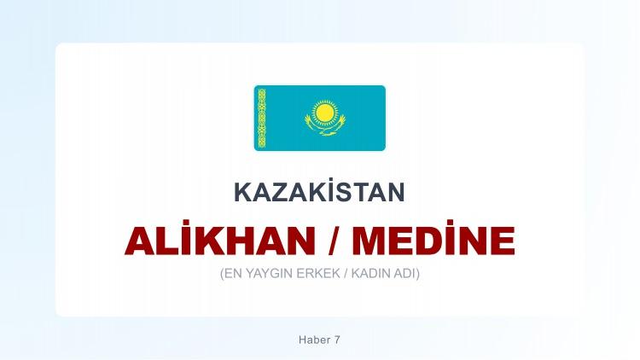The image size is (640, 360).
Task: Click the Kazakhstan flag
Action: [x=319, y=118]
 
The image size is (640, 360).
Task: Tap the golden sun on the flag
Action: [x=324, y=111]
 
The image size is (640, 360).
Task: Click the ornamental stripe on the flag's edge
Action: [x=262, y=118]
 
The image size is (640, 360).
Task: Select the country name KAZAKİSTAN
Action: [x=319, y=193]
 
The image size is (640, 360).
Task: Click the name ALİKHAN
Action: [x=220, y=241]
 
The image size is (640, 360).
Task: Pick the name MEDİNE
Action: [x=433, y=241]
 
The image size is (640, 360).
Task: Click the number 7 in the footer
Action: [x=337, y=340]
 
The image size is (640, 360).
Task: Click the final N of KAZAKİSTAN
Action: [x=396, y=193]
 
